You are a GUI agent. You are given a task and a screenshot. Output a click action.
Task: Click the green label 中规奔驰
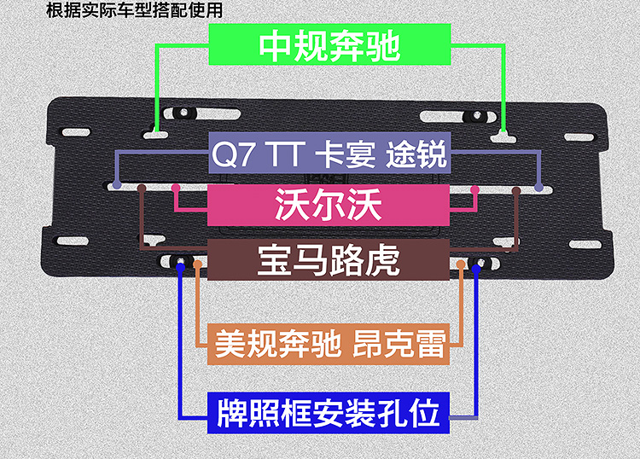coord(329,45)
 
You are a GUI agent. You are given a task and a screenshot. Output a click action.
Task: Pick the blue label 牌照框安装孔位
coord(329,413)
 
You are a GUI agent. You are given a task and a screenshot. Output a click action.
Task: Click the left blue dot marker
coord(180,269)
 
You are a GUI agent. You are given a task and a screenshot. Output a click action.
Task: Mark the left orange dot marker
coord(199,265)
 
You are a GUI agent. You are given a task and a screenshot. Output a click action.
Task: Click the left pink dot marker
coord(175,187)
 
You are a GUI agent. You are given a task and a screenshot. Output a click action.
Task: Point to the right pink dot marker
coord(474,187)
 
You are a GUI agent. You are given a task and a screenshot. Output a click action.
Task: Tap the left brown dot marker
coord(142,187)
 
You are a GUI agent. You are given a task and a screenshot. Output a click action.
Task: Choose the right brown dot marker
coord(516,187)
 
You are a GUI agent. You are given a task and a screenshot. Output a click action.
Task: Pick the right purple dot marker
coord(538,184)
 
